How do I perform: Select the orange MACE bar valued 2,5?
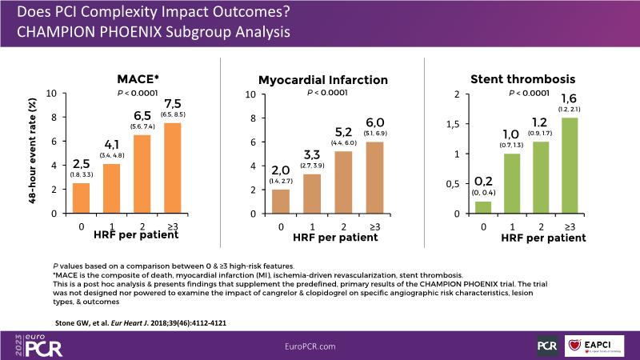[x=82, y=198]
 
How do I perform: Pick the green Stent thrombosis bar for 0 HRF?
[x=483, y=207]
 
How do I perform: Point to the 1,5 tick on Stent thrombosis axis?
[x=452, y=124]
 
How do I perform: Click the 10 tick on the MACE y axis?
[x=50, y=94]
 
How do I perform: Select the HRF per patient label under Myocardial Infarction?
[x=330, y=238]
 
